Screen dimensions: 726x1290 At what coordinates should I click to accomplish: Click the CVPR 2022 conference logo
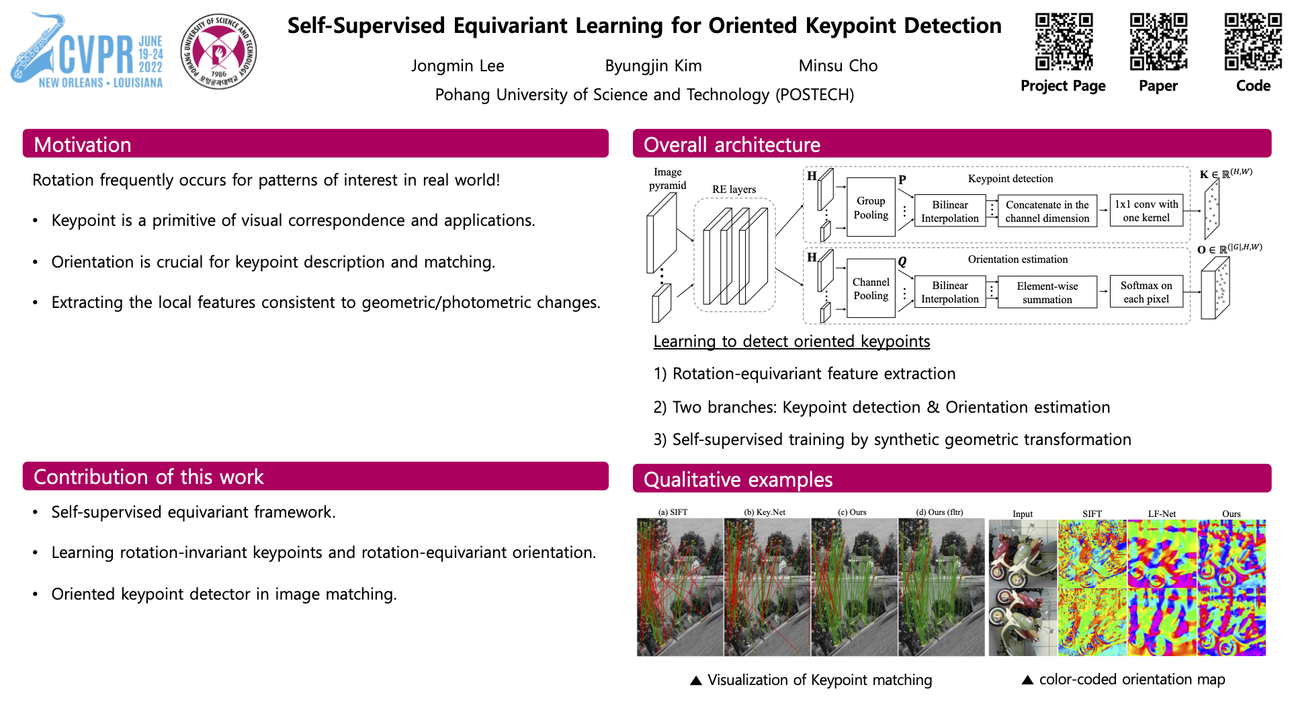click(x=87, y=52)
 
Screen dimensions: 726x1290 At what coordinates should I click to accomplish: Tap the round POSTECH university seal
click(x=219, y=52)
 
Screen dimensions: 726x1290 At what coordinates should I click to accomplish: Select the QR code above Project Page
click(x=1064, y=42)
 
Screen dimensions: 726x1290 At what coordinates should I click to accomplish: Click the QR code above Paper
click(x=1158, y=42)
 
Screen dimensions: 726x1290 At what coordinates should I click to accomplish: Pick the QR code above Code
click(x=1253, y=42)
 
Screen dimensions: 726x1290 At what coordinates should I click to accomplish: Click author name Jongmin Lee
click(x=458, y=66)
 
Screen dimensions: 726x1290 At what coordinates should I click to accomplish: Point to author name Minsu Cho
click(x=838, y=66)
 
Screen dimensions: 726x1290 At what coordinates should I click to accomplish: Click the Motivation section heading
click(x=83, y=145)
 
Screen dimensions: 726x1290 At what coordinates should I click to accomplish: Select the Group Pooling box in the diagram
click(x=871, y=208)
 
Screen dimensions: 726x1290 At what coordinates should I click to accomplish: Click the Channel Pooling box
click(x=871, y=289)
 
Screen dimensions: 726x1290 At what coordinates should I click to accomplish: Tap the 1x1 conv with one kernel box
click(x=1146, y=211)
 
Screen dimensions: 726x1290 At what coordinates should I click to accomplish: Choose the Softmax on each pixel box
click(x=1146, y=292)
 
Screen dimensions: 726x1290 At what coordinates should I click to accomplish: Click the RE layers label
click(x=734, y=190)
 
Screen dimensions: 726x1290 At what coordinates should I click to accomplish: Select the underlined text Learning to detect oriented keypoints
click(x=791, y=341)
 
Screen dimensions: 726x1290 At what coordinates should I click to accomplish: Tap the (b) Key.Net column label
click(x=765, y=512)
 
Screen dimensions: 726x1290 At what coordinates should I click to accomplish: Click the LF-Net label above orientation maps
click(x=1162, y=514)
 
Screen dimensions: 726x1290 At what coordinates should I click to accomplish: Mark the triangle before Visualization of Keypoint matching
click(x=696, y=681)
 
